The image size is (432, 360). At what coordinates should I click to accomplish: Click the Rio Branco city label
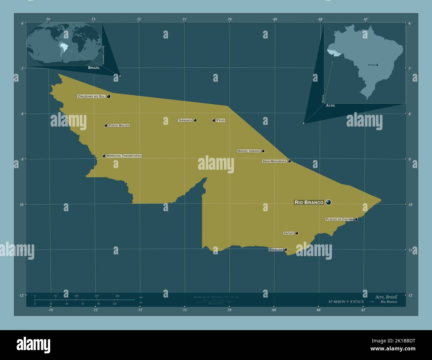click(309, 202)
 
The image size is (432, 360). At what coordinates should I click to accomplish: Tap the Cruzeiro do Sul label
click(91, 96)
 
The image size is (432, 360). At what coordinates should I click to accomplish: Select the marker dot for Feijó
click(214, 120)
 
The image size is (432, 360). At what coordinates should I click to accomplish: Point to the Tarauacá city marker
click(195, 120)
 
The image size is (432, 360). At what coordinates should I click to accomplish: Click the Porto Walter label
click(119, 126)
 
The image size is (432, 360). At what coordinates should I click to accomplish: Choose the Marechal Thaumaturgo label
click(124, 156)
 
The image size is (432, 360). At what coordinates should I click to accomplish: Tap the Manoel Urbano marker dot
click(263, 151)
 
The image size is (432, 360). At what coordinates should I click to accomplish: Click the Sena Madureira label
click(274, 161)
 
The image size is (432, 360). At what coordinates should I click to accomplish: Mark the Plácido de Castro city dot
click(356, 219)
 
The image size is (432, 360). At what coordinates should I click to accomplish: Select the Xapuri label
click(288, 233)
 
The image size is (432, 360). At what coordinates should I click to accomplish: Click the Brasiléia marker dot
click(285, 249)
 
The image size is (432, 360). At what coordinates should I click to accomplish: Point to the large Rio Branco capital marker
click(328, 202)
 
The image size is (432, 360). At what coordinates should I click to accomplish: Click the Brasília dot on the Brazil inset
click(377, 65)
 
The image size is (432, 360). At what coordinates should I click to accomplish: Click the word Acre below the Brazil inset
click(330, 105)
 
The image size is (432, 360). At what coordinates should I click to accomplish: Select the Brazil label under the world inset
click(94, 67)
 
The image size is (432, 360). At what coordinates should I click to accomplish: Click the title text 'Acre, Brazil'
click(386, 297)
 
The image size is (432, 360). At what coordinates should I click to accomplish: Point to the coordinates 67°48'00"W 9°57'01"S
click(346, 302)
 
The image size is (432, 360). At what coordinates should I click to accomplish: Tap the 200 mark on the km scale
click(117, 296)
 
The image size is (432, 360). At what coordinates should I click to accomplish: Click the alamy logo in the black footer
click(34, 345)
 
